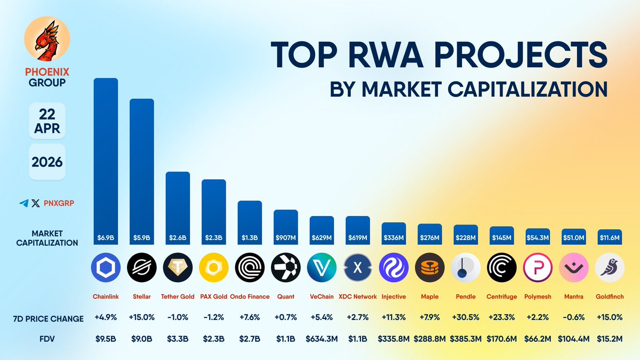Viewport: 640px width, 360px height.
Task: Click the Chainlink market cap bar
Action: (106, 160)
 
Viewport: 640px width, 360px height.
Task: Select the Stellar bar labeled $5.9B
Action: (142, 171)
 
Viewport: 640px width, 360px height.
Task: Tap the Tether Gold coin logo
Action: (178, 267)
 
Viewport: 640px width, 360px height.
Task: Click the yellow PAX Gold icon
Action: (213, 267)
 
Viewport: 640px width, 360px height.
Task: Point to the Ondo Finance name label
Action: (250, 297)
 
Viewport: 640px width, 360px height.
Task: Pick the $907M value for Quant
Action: (286, 237)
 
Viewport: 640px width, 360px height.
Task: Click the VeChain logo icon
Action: (322, 267)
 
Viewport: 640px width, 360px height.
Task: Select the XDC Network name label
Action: (358, 297)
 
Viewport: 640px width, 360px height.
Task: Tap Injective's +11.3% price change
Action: (394, 318)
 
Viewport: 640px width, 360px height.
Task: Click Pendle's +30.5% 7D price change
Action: (466, 318)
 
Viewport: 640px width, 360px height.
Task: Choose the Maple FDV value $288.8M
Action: (430, 338)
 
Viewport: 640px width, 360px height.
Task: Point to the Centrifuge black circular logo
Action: (502, 267)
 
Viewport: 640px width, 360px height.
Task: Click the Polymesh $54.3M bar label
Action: (538, 237)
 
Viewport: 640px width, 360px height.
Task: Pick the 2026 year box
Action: (47, 162)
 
